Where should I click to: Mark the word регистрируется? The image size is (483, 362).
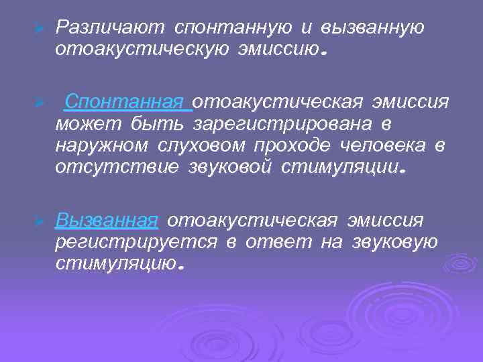[136, 242]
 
